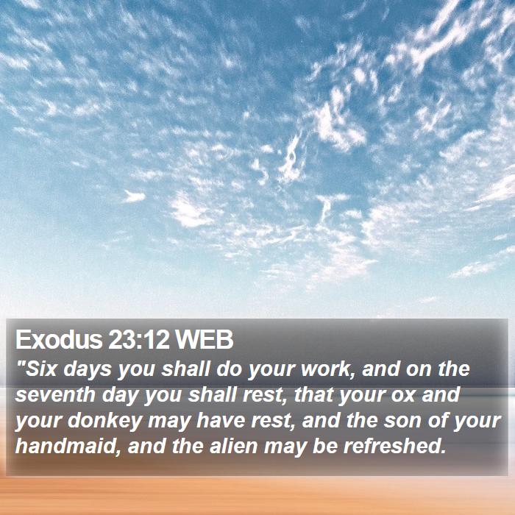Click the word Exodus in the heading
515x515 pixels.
point(59,340)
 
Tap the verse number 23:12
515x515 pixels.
point(138,340)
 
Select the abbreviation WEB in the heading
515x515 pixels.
point(204,340)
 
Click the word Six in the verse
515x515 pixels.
point(42,369)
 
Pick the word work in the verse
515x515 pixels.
point(327,369)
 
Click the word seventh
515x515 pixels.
point(55,394)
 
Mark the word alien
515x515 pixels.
point(233,446)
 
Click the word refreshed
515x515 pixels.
point(395,446)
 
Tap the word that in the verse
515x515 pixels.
point(313,394)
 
